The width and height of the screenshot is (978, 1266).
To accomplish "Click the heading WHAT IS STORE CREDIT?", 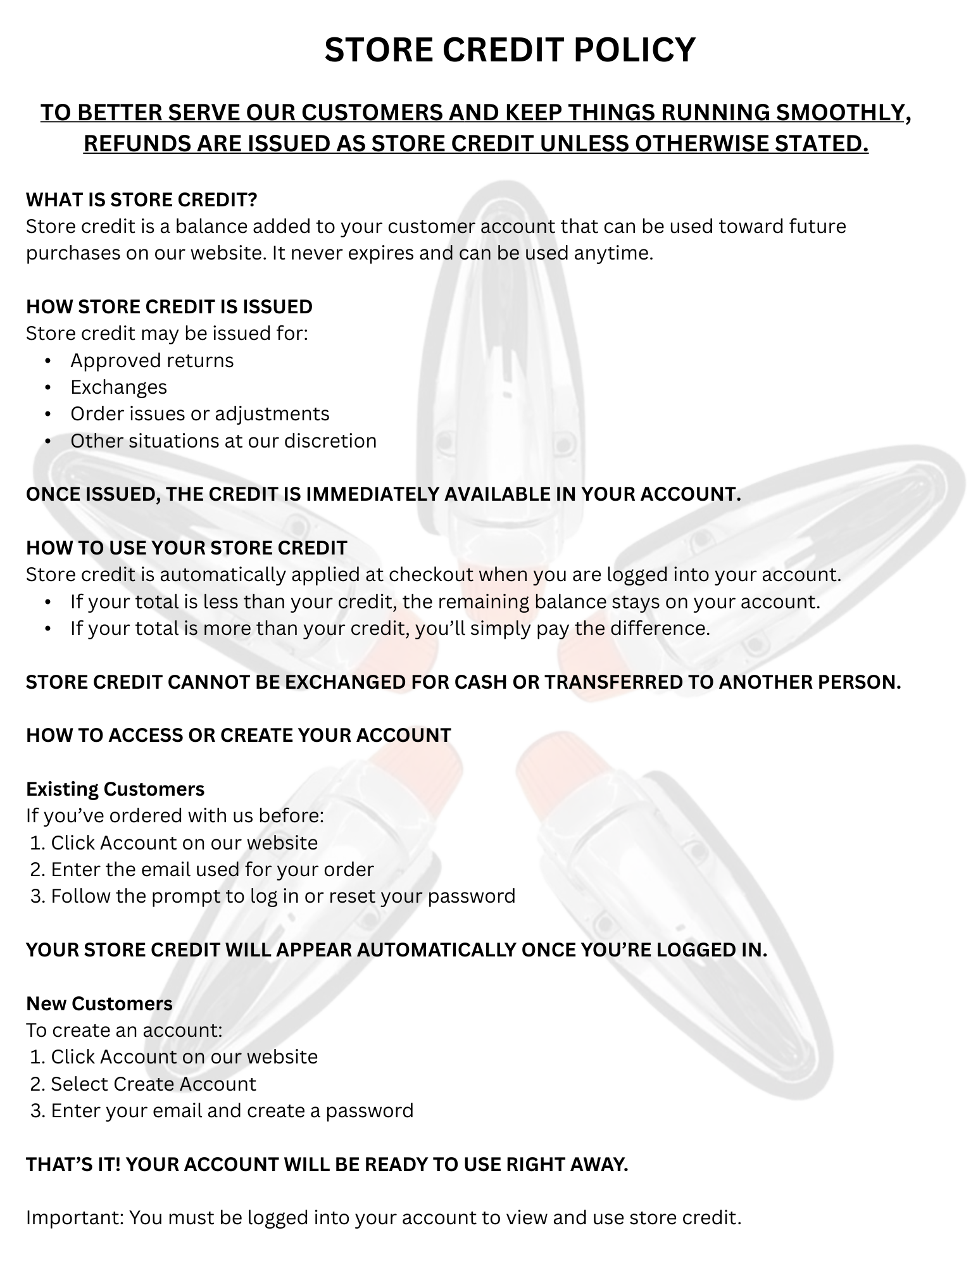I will coord(142,199).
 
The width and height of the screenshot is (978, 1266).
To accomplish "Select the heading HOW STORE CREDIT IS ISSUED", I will coord(169,306).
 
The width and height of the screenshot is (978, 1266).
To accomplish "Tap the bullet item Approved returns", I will coord(152,360).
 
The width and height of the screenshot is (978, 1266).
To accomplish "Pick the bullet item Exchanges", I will coord(118,387).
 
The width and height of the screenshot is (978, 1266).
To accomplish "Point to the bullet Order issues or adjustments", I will coord(199,413).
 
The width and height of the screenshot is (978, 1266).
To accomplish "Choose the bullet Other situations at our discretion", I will coord(223,441).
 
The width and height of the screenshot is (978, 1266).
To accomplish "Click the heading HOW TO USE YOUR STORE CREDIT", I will coord(186,548).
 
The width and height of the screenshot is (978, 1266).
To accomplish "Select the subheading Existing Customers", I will coord(115,789).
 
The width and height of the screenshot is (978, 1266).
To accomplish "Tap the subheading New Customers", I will coord(99,1003).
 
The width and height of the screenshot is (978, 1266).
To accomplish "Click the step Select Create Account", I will coord(153,1084).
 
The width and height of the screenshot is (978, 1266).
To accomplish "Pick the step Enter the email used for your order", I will coord(212,869).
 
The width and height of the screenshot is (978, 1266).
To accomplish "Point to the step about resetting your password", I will coord(283,896).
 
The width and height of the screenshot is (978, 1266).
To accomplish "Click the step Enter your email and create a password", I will coord(232,1110).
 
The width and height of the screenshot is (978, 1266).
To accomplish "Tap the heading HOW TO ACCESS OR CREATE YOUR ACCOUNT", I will coord(238,735).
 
